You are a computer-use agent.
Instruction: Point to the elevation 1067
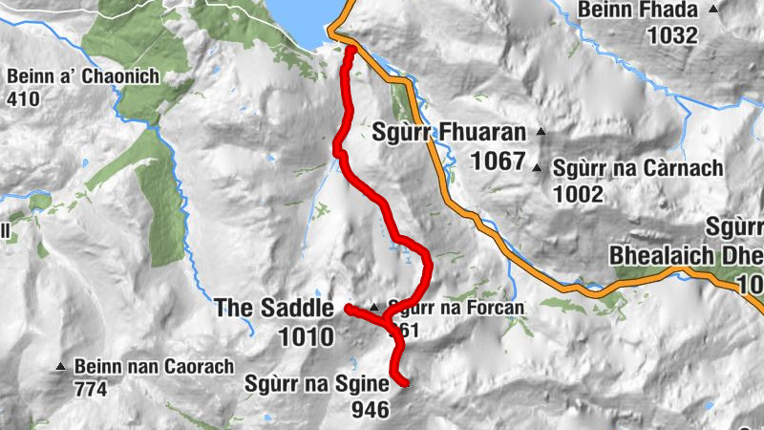(498, 160)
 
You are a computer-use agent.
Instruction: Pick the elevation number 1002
(577, 195)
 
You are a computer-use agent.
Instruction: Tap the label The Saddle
(274, 308)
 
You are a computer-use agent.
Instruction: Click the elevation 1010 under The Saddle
(307, 336)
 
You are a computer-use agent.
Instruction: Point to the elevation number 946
(371, 409)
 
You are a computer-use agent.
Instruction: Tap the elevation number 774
(91, 389)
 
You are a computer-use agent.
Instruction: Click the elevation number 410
(26, 97)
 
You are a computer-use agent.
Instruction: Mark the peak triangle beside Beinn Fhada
(713, 10)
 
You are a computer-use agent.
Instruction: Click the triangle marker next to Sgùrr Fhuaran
(541, 132)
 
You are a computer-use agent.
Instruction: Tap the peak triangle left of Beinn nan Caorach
(62, 366)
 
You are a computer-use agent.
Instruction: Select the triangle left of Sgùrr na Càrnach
(538, 169)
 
